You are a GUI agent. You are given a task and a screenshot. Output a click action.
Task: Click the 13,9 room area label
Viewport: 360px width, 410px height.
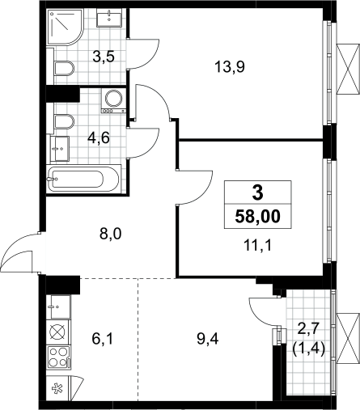[230, 66]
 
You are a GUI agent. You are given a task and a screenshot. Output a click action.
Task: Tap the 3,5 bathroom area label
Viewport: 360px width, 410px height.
[104, 57]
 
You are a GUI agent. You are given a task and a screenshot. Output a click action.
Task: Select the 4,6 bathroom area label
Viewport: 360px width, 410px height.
[99, 138]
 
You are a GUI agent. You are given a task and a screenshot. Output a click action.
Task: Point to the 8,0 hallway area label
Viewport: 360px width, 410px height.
[111, 234]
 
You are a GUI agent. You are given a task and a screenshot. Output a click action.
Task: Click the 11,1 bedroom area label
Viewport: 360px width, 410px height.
[257, 246]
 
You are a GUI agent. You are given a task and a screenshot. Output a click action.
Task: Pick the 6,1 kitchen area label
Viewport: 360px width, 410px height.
[103, 339]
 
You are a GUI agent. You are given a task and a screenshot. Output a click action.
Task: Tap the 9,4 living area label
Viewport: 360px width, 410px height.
[208, 339]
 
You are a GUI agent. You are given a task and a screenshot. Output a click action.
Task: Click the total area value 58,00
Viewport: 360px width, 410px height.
[258, 216]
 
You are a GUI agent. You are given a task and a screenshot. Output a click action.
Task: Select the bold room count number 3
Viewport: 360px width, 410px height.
[258, 193]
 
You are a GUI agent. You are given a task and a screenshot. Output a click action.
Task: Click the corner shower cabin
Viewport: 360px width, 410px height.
[65, 27]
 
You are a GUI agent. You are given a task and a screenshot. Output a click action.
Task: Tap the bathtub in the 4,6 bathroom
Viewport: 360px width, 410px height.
[83, 179]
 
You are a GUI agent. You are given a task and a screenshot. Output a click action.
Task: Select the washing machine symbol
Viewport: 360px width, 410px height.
[114, 100]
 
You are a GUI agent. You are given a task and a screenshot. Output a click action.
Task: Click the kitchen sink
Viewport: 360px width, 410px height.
[58, 306]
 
